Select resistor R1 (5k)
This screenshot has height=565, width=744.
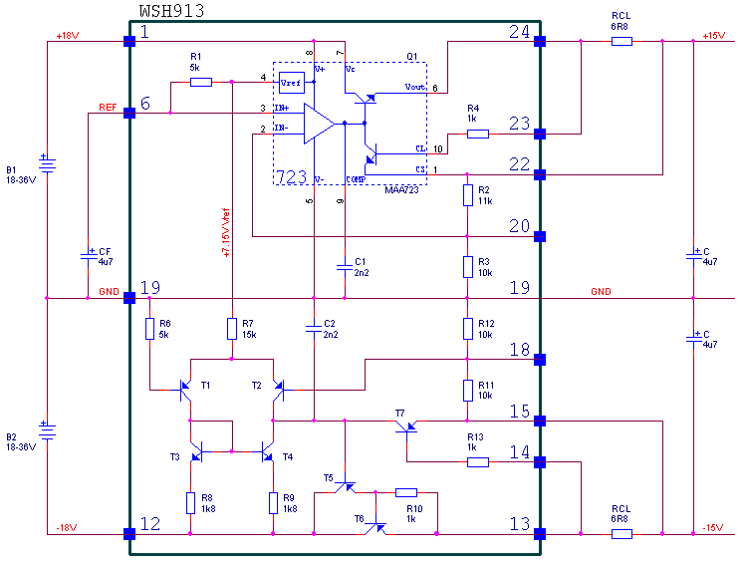click(x=200, y=82)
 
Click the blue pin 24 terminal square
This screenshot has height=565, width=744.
click(x=540, y=42)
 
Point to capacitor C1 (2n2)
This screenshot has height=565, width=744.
click(x=344, y=266)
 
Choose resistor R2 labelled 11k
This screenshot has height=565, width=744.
click(x=467, y=194)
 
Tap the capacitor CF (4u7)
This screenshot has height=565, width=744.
click(x=88, y=256)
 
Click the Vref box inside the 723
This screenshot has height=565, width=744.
click(x=291, y=82)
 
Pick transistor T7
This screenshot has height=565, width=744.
click(x=406, y=425)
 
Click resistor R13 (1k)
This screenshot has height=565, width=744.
click(x=478, y=461)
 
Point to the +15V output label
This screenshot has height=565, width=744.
click(x=713, y=36)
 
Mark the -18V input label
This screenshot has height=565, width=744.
click(x=65, y=527)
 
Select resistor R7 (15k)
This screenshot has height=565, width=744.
click(x=231, y=329)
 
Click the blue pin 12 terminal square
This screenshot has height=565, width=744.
click(x=129, y=534)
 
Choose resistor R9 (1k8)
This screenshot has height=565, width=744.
click(x=273, y=502)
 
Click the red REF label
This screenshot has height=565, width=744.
click(x=107, y=106)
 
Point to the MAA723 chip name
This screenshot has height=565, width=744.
click(x=400, y=189)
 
